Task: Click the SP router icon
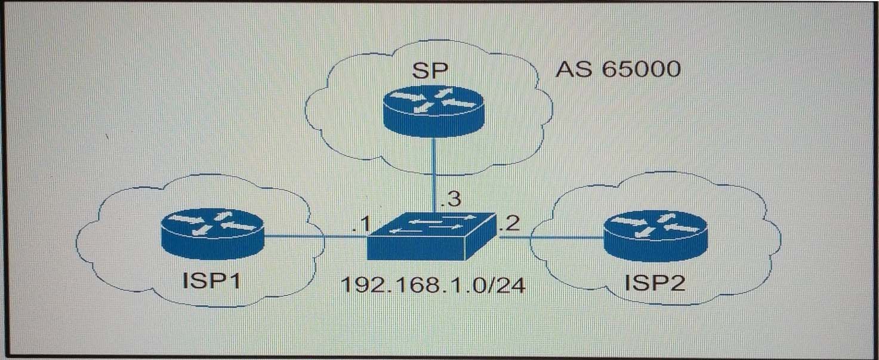tap(434, 112)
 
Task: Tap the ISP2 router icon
tap(655, 236)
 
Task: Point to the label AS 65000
tap(618, 69)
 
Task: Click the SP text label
tap(430, 71)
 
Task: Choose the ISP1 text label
tap(211, 281)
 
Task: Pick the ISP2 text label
tap(655, 282)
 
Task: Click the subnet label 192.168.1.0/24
tap(433, 285)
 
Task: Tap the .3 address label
tap(451, 199)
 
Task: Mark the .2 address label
tap(510, 223)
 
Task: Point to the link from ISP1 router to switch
tap(316, 236)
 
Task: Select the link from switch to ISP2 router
tap(551, 237)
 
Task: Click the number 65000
tap(641, 69)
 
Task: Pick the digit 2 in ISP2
tap(677, 282)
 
